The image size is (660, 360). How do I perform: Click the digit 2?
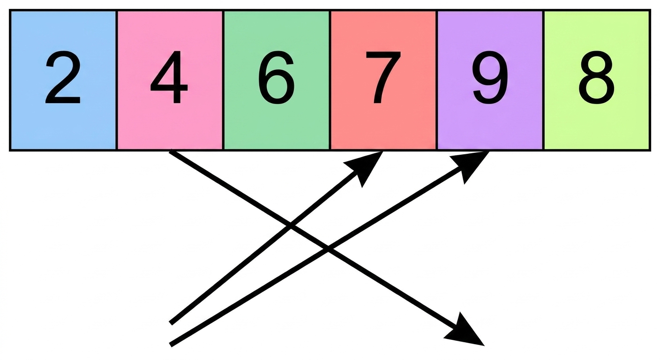coord(63,77)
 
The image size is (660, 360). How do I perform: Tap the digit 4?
coord(169,77)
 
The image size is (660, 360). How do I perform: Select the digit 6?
coord(276,77)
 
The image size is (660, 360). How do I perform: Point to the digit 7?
coord(383,77)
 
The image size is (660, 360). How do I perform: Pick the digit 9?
coord(490,77)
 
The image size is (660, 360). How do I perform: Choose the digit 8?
coord(597,77)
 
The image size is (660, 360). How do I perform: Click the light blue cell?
coord(63,80)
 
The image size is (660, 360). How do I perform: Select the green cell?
coord(277,80)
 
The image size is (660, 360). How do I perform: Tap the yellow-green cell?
coord(597,80)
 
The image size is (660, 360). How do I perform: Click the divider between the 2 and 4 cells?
coord(117,80)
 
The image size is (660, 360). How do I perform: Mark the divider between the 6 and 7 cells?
coord(330,80)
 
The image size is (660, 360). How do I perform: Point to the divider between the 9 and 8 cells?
coord(543,80)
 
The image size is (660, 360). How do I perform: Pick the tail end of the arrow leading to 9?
coord(171,345)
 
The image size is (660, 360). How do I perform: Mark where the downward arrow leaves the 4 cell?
coord(170,152)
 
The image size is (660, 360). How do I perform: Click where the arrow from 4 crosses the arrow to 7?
coord(290,226)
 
